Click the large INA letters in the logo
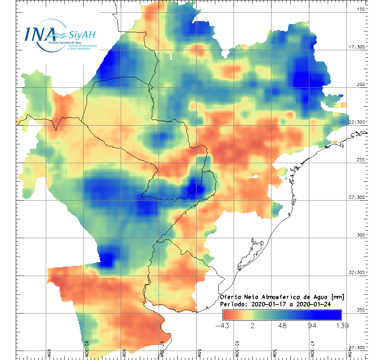click(x=40, y=34)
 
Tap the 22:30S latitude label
click(x=358, y=122)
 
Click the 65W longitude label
click(x=49, y=353)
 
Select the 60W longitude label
click(x=124, y=353)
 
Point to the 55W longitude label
click(x=199, y=353)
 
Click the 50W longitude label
click(x=274, y=353)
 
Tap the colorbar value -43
click(x=223, y=325)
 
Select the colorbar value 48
click(x=282, y=325)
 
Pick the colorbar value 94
click(x=312, y=325)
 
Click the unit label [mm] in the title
click(x=338, y=297)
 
